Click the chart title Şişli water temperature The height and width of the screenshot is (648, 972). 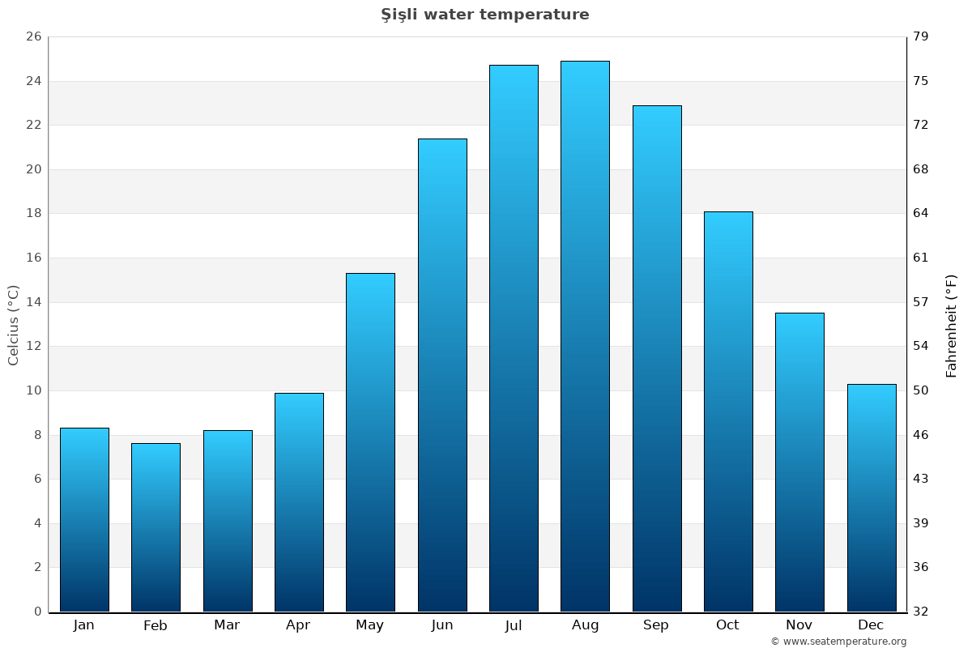485,15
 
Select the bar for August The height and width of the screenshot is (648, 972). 585,336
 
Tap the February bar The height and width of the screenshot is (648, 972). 156,527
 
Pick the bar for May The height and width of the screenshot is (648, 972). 370,442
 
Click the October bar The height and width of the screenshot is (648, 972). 728,411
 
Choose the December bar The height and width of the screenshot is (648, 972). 872,497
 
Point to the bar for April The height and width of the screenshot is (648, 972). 299,502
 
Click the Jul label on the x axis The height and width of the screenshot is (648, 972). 514,625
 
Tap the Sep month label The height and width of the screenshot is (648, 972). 656,625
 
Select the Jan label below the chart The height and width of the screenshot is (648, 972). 84,625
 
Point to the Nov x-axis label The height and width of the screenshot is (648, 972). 799,625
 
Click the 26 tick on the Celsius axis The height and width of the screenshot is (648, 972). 34,37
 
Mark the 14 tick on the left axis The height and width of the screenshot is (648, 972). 34,302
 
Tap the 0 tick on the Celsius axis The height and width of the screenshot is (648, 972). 37,612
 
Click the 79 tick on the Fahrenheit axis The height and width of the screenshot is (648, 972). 921,37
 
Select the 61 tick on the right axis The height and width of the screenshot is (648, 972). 921,258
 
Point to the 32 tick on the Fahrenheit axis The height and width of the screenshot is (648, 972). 921,612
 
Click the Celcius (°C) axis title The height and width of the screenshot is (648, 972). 14,325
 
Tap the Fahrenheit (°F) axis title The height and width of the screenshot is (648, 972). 952,325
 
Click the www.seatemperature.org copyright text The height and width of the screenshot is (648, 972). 838,642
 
